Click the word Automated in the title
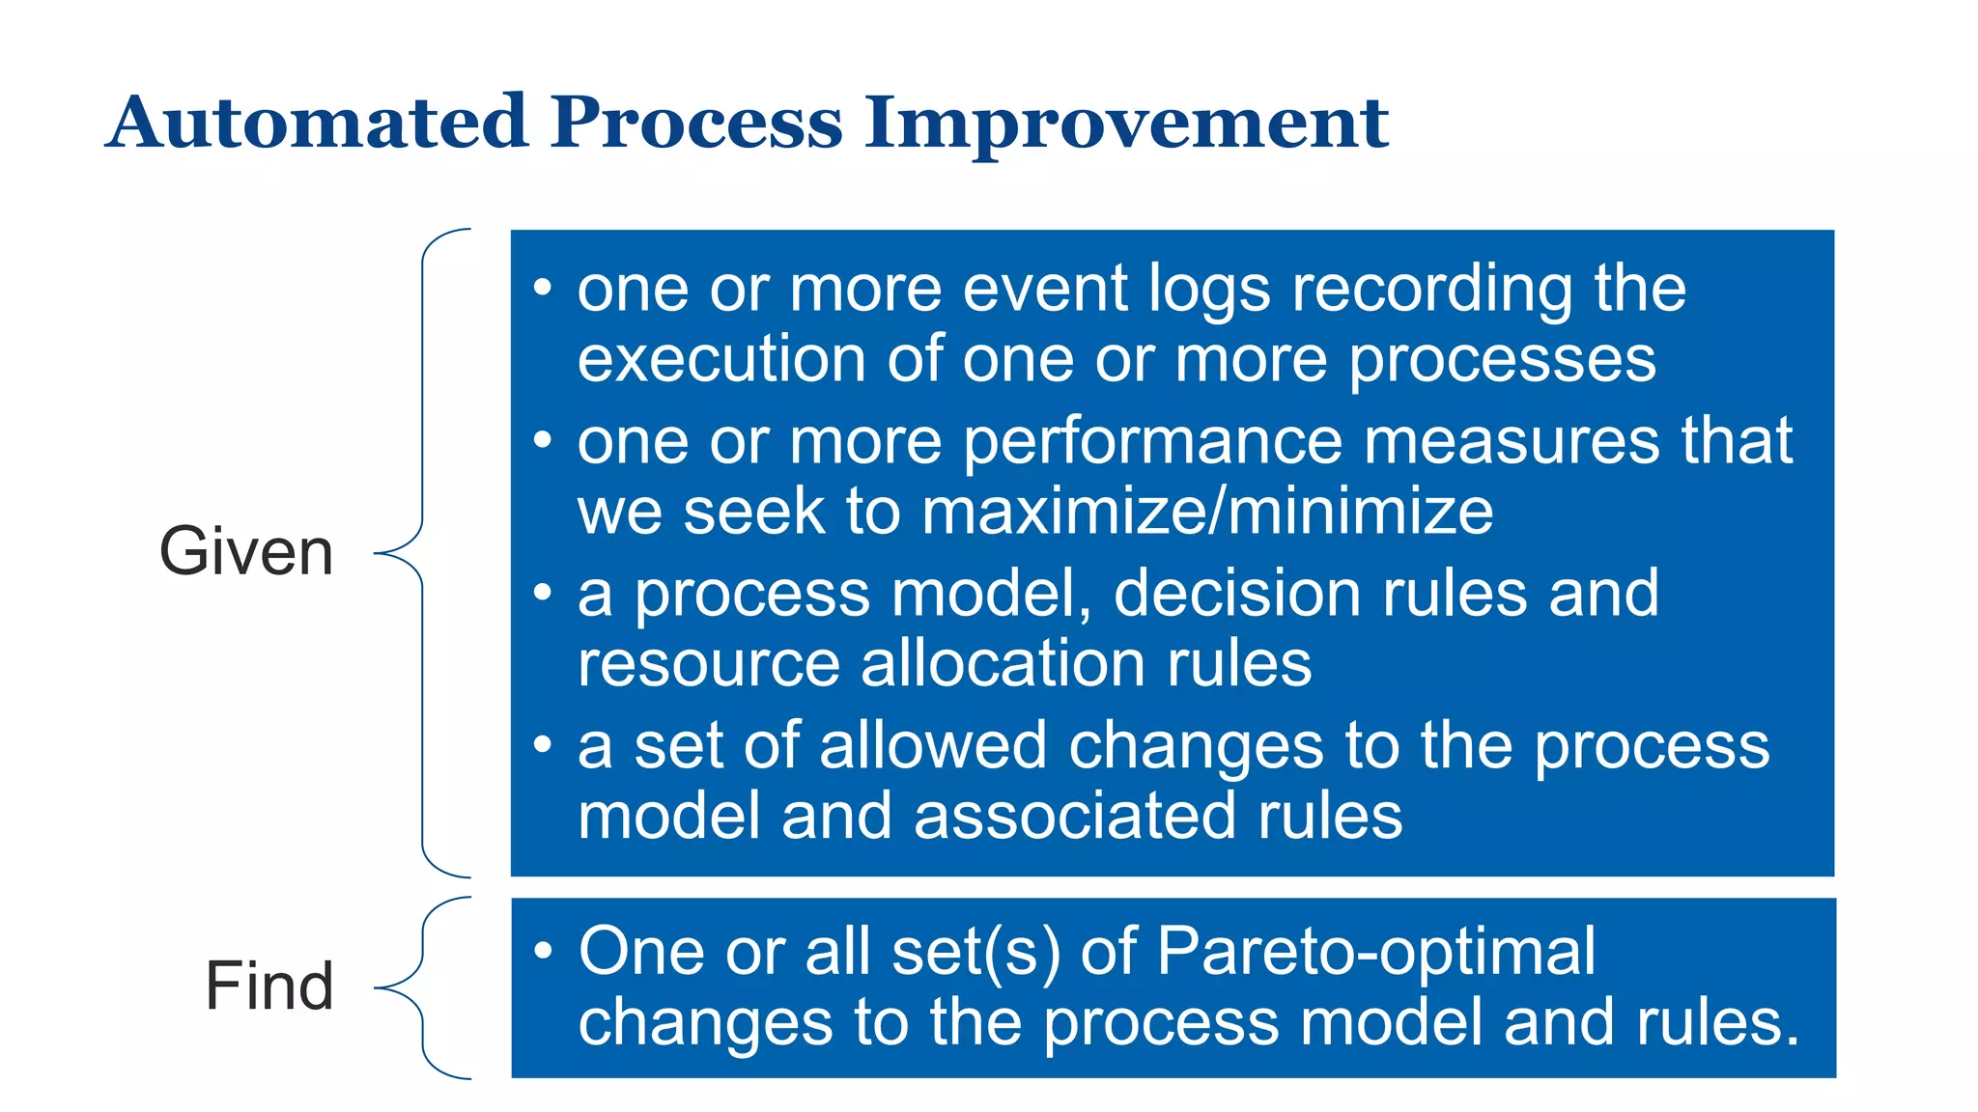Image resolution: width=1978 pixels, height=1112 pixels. pos(318,123)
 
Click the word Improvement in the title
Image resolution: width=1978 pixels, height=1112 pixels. pos(1126,123)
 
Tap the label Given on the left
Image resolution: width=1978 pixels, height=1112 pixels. pos(246,551)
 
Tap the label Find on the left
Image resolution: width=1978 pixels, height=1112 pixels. pos(269,986)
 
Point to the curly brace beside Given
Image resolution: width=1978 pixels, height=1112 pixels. pos(423,552)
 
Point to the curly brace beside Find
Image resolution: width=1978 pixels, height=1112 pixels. pos(423,987)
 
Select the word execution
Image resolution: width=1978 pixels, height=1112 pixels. pos(721,359)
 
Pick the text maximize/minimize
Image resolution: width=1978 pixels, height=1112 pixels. pos(1207,512)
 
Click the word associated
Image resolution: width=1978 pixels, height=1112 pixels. pos(1074,817)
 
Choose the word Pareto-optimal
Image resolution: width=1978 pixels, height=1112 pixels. pos(1375,952)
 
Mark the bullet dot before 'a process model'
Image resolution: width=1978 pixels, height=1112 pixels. pos(543,592)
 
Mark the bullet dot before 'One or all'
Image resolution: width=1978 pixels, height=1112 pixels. pos(543,951)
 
